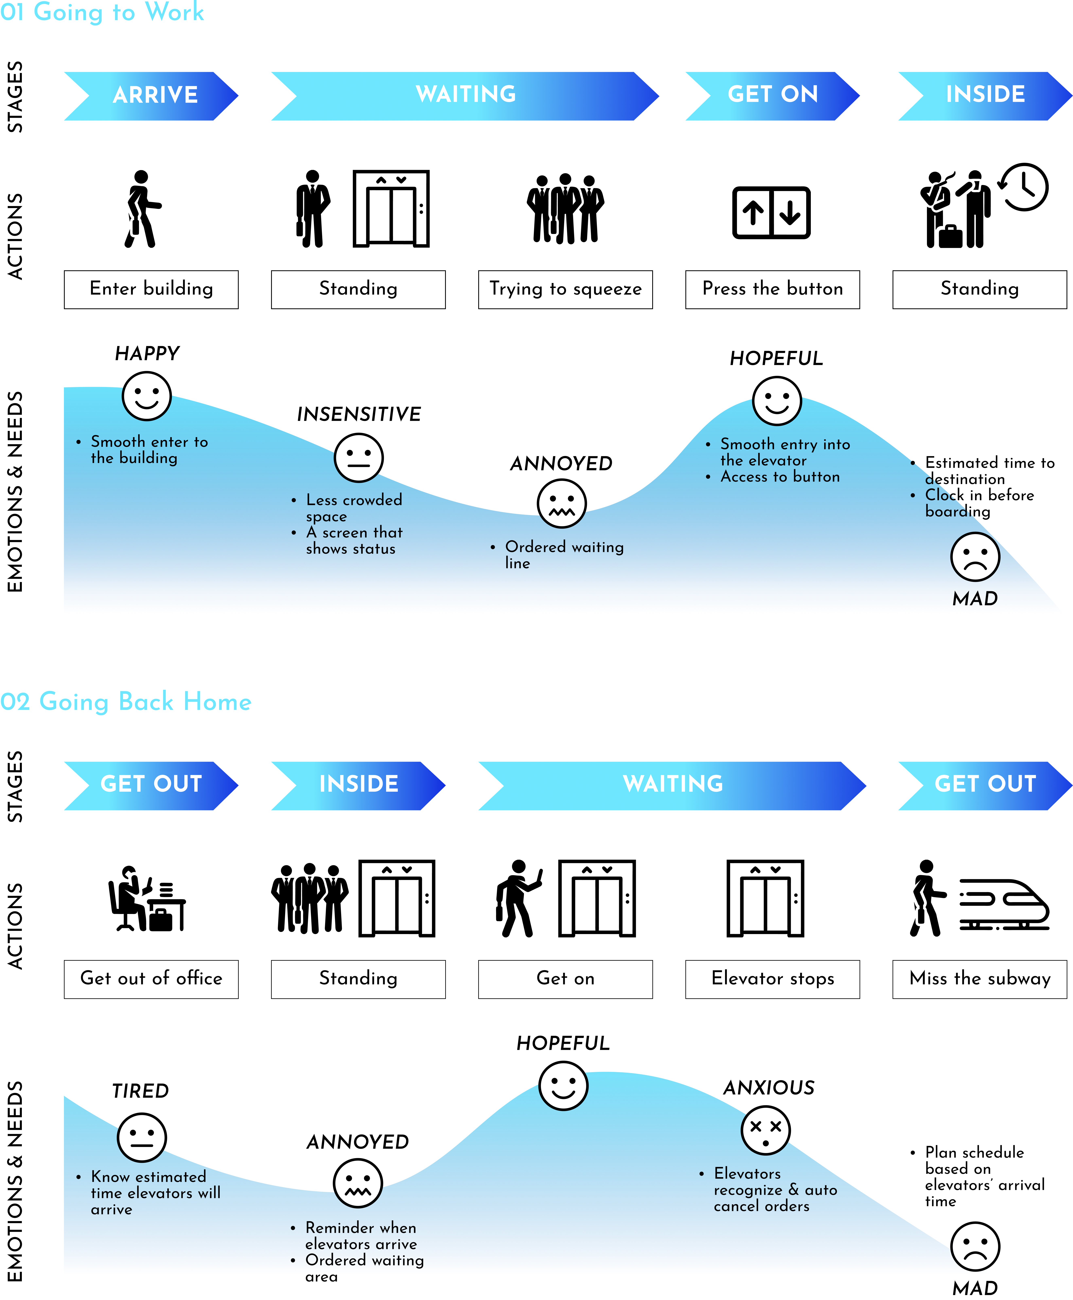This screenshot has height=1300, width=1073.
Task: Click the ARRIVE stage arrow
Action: (152, 96)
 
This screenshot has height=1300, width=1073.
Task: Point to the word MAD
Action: (975, 599)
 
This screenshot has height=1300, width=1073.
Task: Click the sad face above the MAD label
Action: (975, 557)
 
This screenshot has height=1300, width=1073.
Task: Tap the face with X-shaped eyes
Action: (765, 1131)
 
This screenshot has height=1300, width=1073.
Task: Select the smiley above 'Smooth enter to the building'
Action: (146, 396)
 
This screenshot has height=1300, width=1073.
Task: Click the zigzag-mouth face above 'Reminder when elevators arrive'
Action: (358, 1184)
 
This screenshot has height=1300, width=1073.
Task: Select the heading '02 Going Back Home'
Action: (126, 702)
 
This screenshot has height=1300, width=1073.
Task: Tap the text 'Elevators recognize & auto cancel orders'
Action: (775, 1190)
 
